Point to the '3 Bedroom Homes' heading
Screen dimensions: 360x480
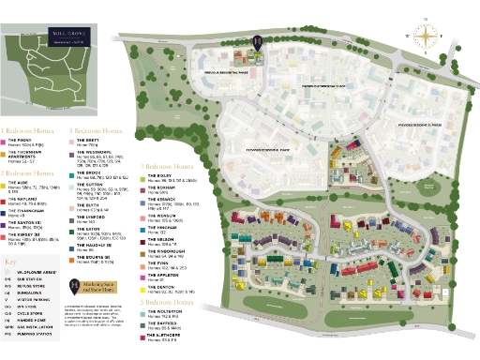pyautogui.click(x=97, y=131)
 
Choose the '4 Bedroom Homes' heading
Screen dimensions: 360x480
pyautogui.click(x=169, y=166)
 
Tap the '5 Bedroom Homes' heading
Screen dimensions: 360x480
pyautogui.click(x=169, y=302)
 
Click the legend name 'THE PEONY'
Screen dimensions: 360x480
pyautogui.click(x=21, y=142)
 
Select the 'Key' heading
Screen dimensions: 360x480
pyautogui.click(x=11, y=262)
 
